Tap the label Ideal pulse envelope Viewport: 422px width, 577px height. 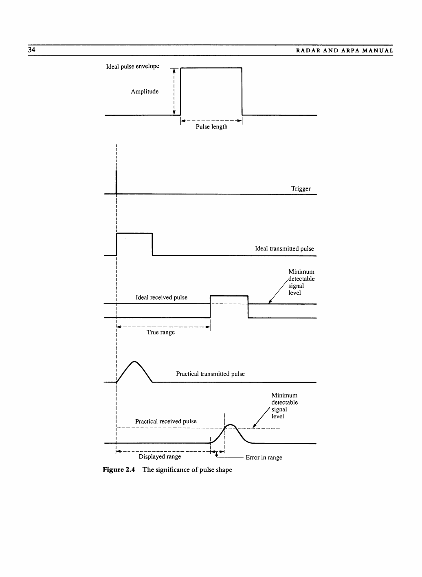pyautogui.click(x=132, y=66)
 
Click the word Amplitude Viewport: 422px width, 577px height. pyautogui.click(x=145, y=92)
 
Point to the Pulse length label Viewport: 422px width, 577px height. pyautogui.click(x=211, y=127)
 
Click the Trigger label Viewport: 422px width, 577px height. pyautogui.click(x=301, y=189)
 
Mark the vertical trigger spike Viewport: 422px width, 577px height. pyautogui.click(x=116, y=182)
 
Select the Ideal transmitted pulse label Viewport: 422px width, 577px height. pyautogui.click(x=284, y=249)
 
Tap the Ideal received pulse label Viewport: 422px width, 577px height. pyautogui.click(x=161, y=298)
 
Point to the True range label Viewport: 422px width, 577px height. pyautogui.click(x=160, y=332)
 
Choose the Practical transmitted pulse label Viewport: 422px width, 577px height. pyautogui.click(x=210, y=374)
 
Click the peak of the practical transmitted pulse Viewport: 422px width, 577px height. pyautogui.click(x=134, y=362)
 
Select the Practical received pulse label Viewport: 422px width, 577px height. pyautogui.click(x=166, y=421)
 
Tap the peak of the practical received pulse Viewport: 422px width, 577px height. pyautogui.click(x=230, y=425)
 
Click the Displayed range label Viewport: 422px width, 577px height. pyautogui.click(x=160, y=457)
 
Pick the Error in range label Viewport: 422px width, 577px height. pyautogui.click(x=264, y=458)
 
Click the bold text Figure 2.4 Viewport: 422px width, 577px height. pyautogui.click(x=119, y=470)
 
